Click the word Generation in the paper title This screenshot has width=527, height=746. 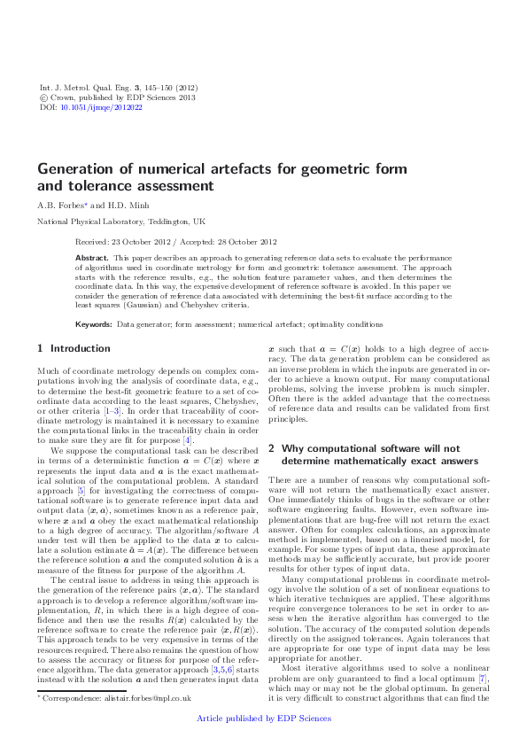click(68, 168)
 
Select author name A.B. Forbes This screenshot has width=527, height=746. click(58, 204)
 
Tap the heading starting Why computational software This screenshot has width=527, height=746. click(365, 448)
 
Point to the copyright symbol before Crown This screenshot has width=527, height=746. click(45, 97)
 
